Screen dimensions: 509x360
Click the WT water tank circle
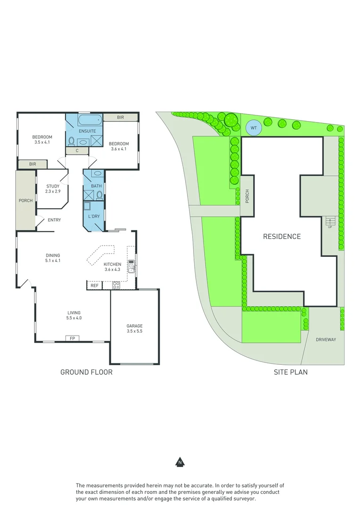254,128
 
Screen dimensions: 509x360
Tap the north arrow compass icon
180,462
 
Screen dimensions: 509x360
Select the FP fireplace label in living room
73,338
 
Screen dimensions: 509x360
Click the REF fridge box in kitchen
94,285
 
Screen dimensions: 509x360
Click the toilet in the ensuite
72,140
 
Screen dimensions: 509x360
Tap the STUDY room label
53,186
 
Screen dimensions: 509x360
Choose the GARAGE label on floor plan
134,326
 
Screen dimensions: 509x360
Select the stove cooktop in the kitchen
116,285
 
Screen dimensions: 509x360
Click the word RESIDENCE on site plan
281,237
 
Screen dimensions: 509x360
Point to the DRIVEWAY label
326,339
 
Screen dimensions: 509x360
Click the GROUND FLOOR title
86,372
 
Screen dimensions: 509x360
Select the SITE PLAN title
291,372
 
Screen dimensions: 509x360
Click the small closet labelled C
76,151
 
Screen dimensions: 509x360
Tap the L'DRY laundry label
94,216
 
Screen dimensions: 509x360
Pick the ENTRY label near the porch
54,220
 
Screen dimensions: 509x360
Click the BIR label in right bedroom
121,117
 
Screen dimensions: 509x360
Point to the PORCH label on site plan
247,196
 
